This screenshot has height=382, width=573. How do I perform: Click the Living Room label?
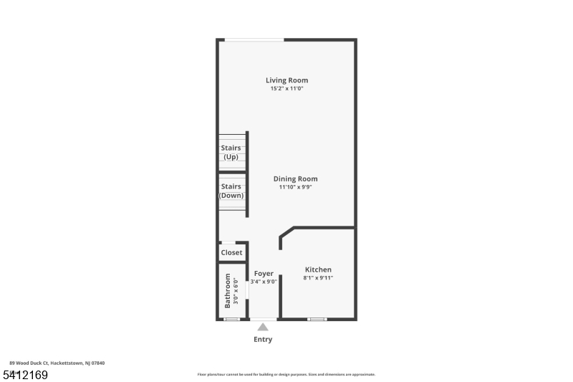click(x=286, y=80)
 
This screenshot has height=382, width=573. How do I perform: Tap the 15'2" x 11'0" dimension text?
click(x=286, y=89)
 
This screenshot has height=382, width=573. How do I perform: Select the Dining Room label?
click(x=295, y=178)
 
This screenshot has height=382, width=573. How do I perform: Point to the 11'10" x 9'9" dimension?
click(x=295, y=187)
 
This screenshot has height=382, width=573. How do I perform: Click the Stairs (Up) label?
click(x=231, y=152)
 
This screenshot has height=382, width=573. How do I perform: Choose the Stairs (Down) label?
click(x=231, y=191)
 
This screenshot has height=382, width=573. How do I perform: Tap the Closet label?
click(x=231, y=252)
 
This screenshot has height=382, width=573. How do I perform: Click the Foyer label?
click(x=264, y=273)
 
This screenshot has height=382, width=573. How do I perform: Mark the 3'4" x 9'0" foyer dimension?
click(x=264, y=282)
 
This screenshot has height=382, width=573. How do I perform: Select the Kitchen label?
click(x=318, y=269)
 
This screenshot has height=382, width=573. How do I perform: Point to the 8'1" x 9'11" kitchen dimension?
click(x=318, y=278)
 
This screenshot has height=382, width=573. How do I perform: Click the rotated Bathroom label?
click(x=228, y=290)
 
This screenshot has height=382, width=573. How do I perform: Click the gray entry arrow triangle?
click(x=263, y=327)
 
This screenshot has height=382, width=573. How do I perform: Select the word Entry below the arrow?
click(x=263, y=339)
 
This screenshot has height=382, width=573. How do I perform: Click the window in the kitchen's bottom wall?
click(x=317, y=319)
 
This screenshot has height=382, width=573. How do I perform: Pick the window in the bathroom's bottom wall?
click(x=231, y=319)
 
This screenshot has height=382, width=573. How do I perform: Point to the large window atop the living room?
click(x=254, y=40)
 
